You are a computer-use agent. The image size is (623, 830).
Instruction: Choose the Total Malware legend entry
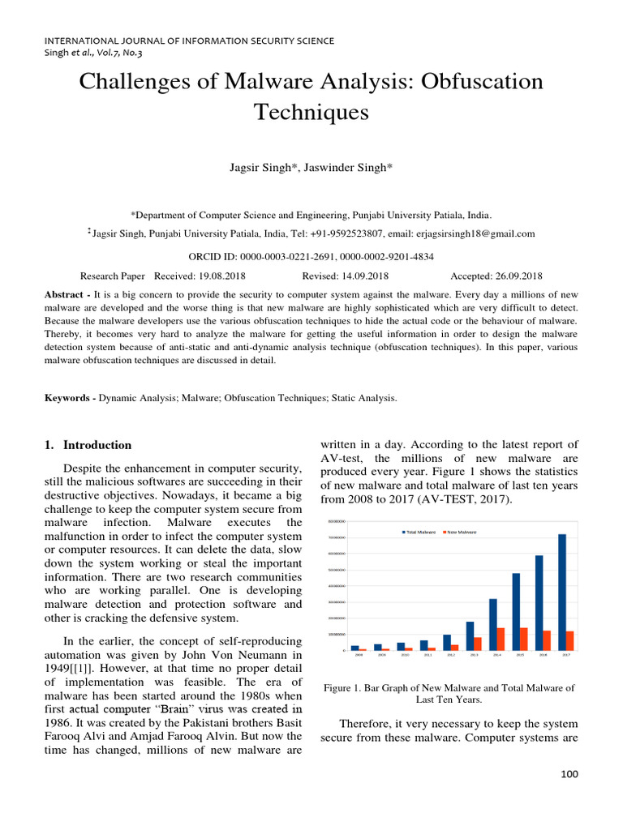pos(420,532)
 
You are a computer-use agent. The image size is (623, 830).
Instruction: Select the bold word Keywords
pos(68,398)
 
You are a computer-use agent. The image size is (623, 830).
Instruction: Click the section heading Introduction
pos(97,445)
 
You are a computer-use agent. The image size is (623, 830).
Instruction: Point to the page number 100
pos(569,775)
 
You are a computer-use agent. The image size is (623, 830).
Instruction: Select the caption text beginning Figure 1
pos(449,693)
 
